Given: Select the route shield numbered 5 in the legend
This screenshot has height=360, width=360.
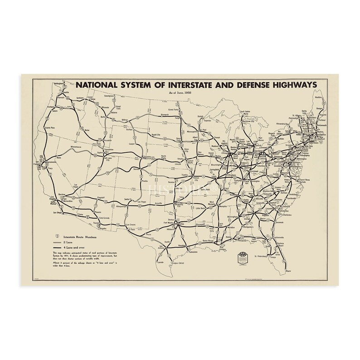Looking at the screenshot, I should pyautogui.click(x=56, y=236).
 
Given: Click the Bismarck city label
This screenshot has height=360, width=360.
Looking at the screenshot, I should pyautogui.click(x=165, y=115).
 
